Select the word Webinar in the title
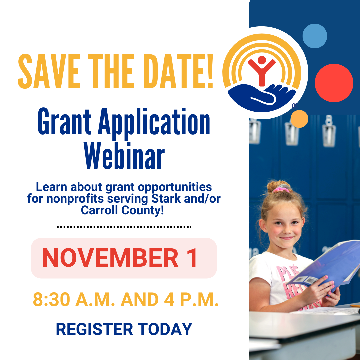click(124, 156)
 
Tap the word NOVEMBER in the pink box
click(110, 258)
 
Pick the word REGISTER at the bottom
click(95, 329)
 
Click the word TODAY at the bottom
click(165, 329)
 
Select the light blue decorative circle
click(315, 36)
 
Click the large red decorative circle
click(334, 83)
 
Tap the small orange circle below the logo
click(299, 119)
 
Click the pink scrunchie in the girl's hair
click(281, 190)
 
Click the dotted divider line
click(124, 227)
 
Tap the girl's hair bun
click(278, 186)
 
